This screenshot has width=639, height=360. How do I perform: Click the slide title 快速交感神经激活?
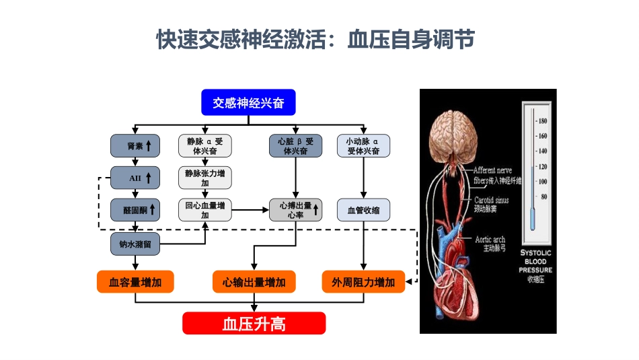315,40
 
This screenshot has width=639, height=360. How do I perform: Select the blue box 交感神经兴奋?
248,103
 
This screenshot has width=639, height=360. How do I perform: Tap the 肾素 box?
135,146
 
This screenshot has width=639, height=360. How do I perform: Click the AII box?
135,178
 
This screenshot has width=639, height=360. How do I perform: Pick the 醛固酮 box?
135,210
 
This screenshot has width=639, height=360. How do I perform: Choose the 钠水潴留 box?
135,245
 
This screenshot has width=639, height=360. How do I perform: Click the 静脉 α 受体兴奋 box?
204,146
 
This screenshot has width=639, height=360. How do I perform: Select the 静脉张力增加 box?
204,178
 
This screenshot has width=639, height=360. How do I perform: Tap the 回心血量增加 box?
204,210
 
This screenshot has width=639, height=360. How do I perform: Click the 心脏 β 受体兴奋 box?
295,146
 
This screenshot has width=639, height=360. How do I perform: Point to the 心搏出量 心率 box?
295,210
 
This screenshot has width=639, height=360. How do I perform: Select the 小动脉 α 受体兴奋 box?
363,146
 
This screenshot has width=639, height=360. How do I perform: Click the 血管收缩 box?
363,210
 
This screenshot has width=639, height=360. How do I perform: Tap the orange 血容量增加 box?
135,282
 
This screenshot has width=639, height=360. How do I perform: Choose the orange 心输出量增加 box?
254,282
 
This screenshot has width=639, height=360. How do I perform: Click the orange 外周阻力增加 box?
363,282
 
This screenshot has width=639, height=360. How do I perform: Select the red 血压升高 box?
254,324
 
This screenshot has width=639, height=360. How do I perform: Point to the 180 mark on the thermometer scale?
541,121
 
